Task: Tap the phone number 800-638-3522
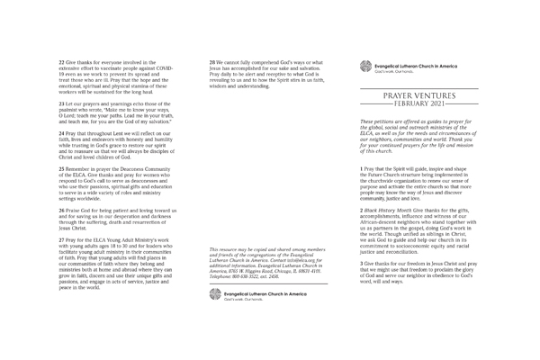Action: click(x=256, y=256)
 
